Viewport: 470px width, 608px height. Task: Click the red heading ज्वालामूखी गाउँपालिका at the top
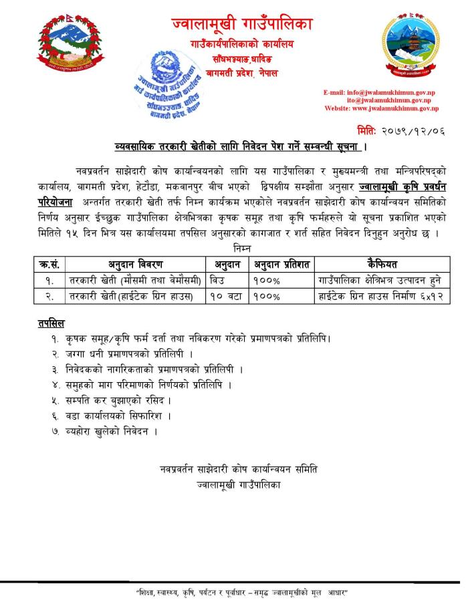tap(241, 25)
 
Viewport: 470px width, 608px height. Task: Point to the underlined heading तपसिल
tap(51, 323)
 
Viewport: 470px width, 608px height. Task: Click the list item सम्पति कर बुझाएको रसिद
tap(118, 400)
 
